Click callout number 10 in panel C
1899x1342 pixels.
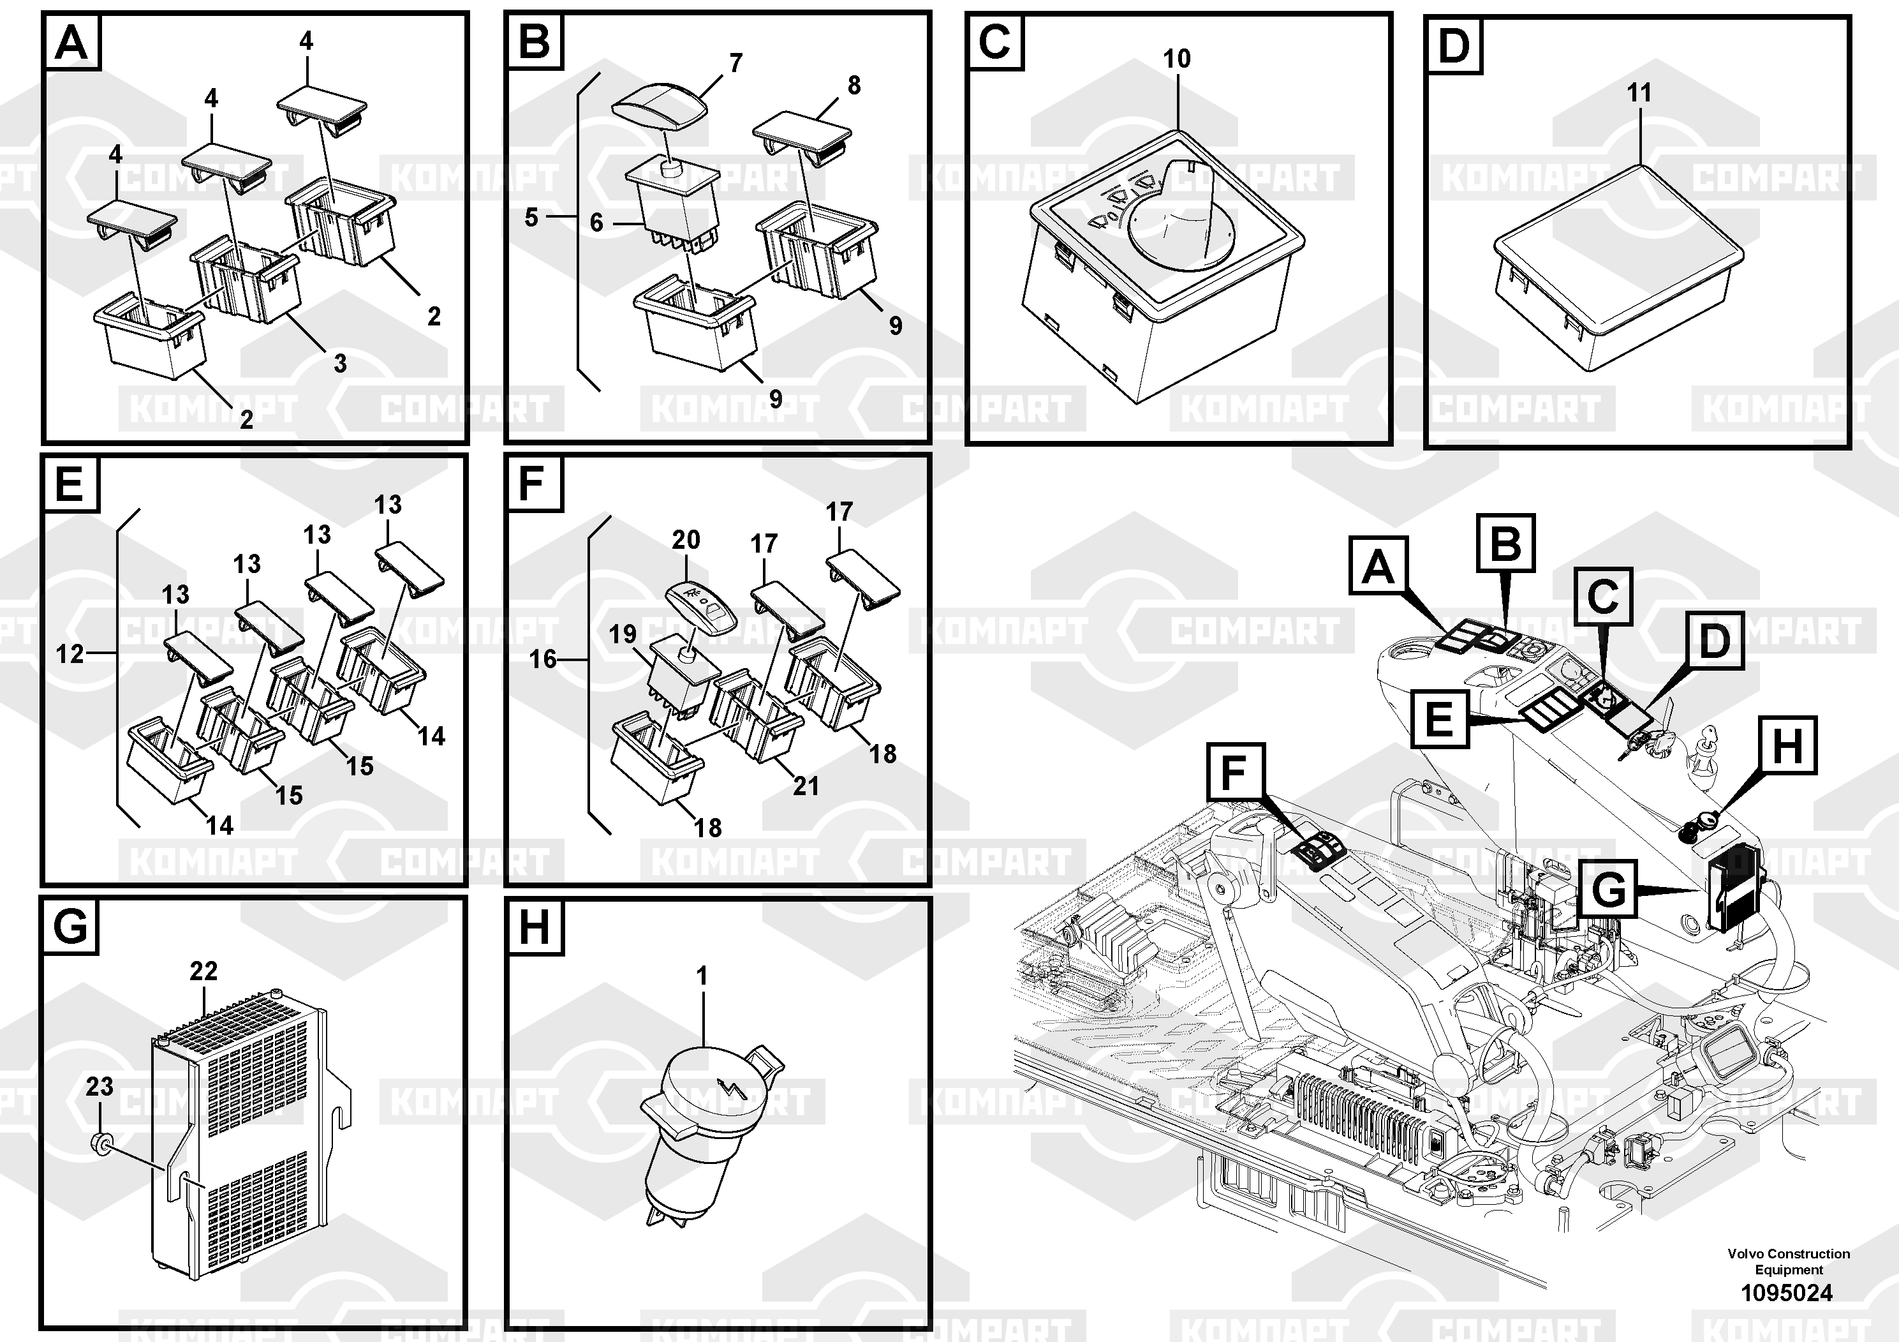click(x=1176, y=59)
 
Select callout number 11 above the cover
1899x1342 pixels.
click(x=1639, y=93)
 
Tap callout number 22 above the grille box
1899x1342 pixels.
click(x=203, y=971)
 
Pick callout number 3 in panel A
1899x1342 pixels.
click(x=340, y=362)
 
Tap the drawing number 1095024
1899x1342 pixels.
click(x=1787, y=1292)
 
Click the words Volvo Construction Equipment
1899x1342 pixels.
click(x=1788, y=1262)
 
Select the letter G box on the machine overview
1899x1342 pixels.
click(x=1607, y=890)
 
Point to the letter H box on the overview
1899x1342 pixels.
click(x=1787, y=746)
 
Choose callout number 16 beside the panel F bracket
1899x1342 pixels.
click(x=543, y=659)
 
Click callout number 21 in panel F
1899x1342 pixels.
click(x=806, y=785)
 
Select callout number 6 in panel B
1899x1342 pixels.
click(x=596, y=223)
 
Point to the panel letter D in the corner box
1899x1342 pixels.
click(x=1453, y=45)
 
